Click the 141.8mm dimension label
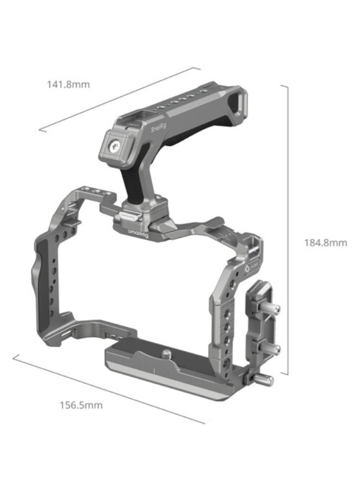coord(68,84)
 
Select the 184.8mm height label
coord(325,243)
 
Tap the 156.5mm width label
coord(80,405)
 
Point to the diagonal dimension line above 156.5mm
coord(109,387)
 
